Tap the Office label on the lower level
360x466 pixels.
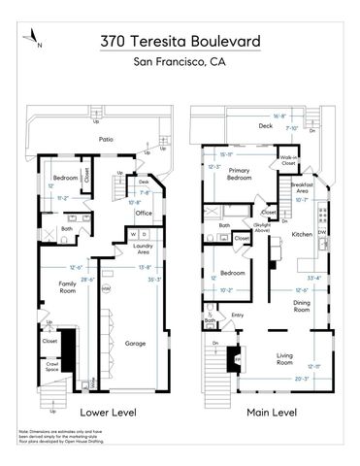coord(145,212)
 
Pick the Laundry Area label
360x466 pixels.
coord(141,250)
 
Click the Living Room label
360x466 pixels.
coord(284,358)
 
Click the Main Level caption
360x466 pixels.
coord(271,411)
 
